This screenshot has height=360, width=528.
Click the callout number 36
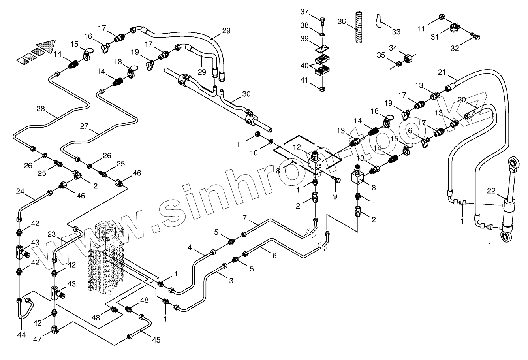tap(342, 21)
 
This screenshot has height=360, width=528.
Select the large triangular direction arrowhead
tap(47, 46)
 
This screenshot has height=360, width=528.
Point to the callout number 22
tap(491, 191)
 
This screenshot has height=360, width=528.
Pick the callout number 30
tap(246, 94)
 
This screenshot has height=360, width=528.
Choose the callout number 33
tap(396, 31)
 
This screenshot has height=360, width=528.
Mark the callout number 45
tap(156, 339)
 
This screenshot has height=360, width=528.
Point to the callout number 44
tap(21, 335)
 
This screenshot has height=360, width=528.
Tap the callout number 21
tap(442, 72)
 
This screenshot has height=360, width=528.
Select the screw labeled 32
tap(475, 37)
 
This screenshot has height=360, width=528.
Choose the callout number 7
tap(245, 218)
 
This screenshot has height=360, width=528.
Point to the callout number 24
tap(21, 192)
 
